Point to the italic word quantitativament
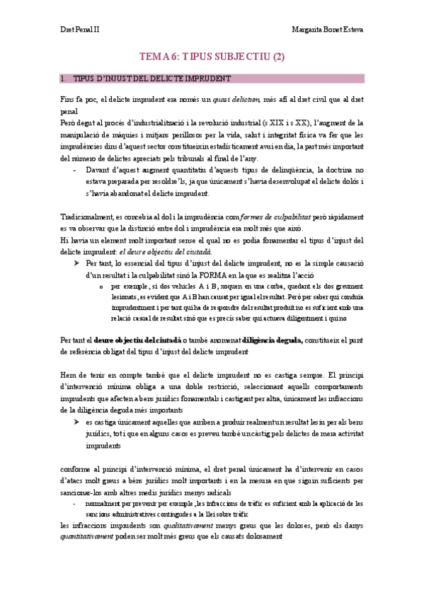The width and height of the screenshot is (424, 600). (x=86, y=536)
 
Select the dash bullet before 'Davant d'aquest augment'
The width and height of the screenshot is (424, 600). (x=76, y=170)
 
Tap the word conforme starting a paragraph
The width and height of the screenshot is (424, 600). (x=75, y=468)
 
